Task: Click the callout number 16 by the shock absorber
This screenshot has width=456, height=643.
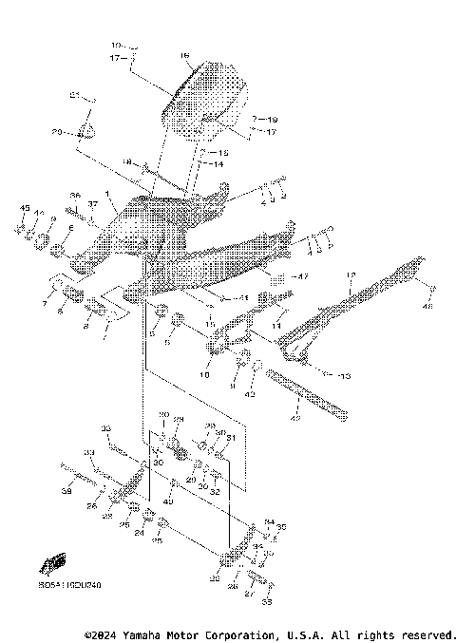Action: (183, 56)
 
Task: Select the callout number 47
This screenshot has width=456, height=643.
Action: (301, 277)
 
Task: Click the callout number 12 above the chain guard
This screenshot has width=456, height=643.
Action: (350, 275)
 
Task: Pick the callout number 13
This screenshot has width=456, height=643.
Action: (343, 376)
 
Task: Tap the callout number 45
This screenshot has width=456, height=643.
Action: (25, 208)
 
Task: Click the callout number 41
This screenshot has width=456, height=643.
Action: (242, 298)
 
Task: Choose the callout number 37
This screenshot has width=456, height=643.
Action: (93, 204)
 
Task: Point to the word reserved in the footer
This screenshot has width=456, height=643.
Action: (427, 634)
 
